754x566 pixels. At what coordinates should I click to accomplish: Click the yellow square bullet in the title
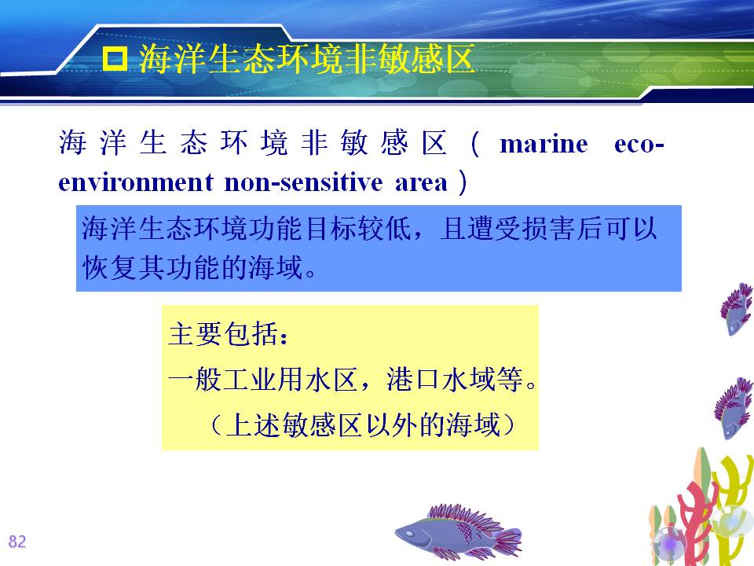[x=115, y=59]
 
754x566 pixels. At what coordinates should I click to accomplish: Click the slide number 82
[x=16, y=542]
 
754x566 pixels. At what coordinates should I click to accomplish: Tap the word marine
[x=544, y=145]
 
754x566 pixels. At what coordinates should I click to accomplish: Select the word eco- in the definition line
[x=639, y=145]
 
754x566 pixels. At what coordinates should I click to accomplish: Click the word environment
[x=136, y=182]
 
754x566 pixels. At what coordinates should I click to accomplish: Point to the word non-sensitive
[x=303, y=182]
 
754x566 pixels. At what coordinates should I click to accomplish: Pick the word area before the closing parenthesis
[x=421, y=183]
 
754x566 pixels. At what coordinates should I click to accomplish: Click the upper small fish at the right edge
[x=736, y=309]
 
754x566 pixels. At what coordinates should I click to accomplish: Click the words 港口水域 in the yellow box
[x=441, y=379]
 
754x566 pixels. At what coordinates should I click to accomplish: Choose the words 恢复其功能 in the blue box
[x=151, y=267]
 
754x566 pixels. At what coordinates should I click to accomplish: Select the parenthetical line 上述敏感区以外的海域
[x=363, y=425]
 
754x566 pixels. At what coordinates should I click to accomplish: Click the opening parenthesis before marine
[x=474, y=144]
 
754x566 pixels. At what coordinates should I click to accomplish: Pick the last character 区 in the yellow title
[x=459, y=59]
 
